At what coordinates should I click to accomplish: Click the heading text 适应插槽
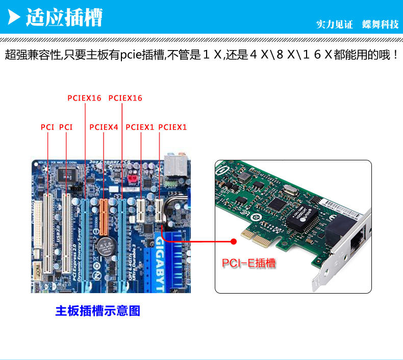(64, 18)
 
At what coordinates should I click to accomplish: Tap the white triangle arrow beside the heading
(15, 18)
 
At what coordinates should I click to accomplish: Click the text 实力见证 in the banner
(335, 25)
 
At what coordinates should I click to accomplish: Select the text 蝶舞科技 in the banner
(380, 25)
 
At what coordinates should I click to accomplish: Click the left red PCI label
(47, 127)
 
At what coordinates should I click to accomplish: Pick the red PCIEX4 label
(104, 127)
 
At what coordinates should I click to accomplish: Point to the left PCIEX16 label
(85, 98)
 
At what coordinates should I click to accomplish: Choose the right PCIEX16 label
(125, 98)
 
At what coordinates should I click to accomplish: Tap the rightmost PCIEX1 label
(173, 127)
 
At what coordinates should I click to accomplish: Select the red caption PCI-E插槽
(248, 263)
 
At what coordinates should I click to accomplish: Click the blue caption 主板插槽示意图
(97, 310)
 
